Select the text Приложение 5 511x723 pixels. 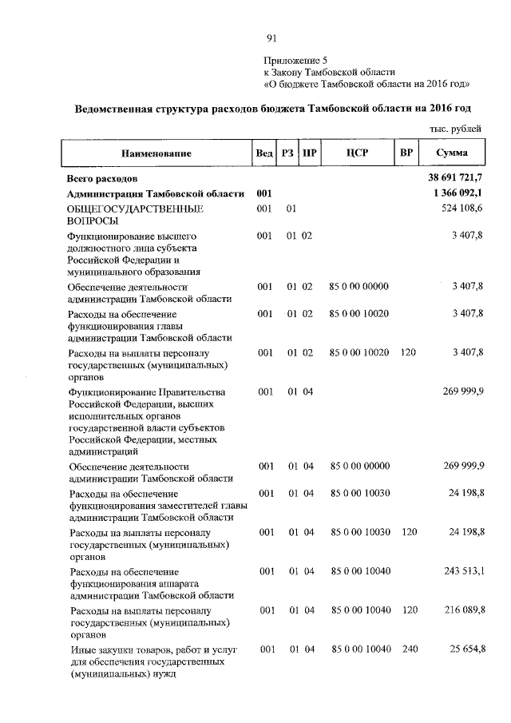(x=295, y=60)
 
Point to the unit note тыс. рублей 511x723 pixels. (x=455, y=129)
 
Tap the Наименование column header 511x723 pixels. (x=156, y=153)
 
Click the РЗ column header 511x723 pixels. (x=287, y=153)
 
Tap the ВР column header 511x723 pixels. (x=406, y=153)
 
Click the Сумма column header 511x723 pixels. (x=452, y=153)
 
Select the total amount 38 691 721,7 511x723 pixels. (x=457, y=178)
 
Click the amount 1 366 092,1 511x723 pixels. (x=459, y=194)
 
